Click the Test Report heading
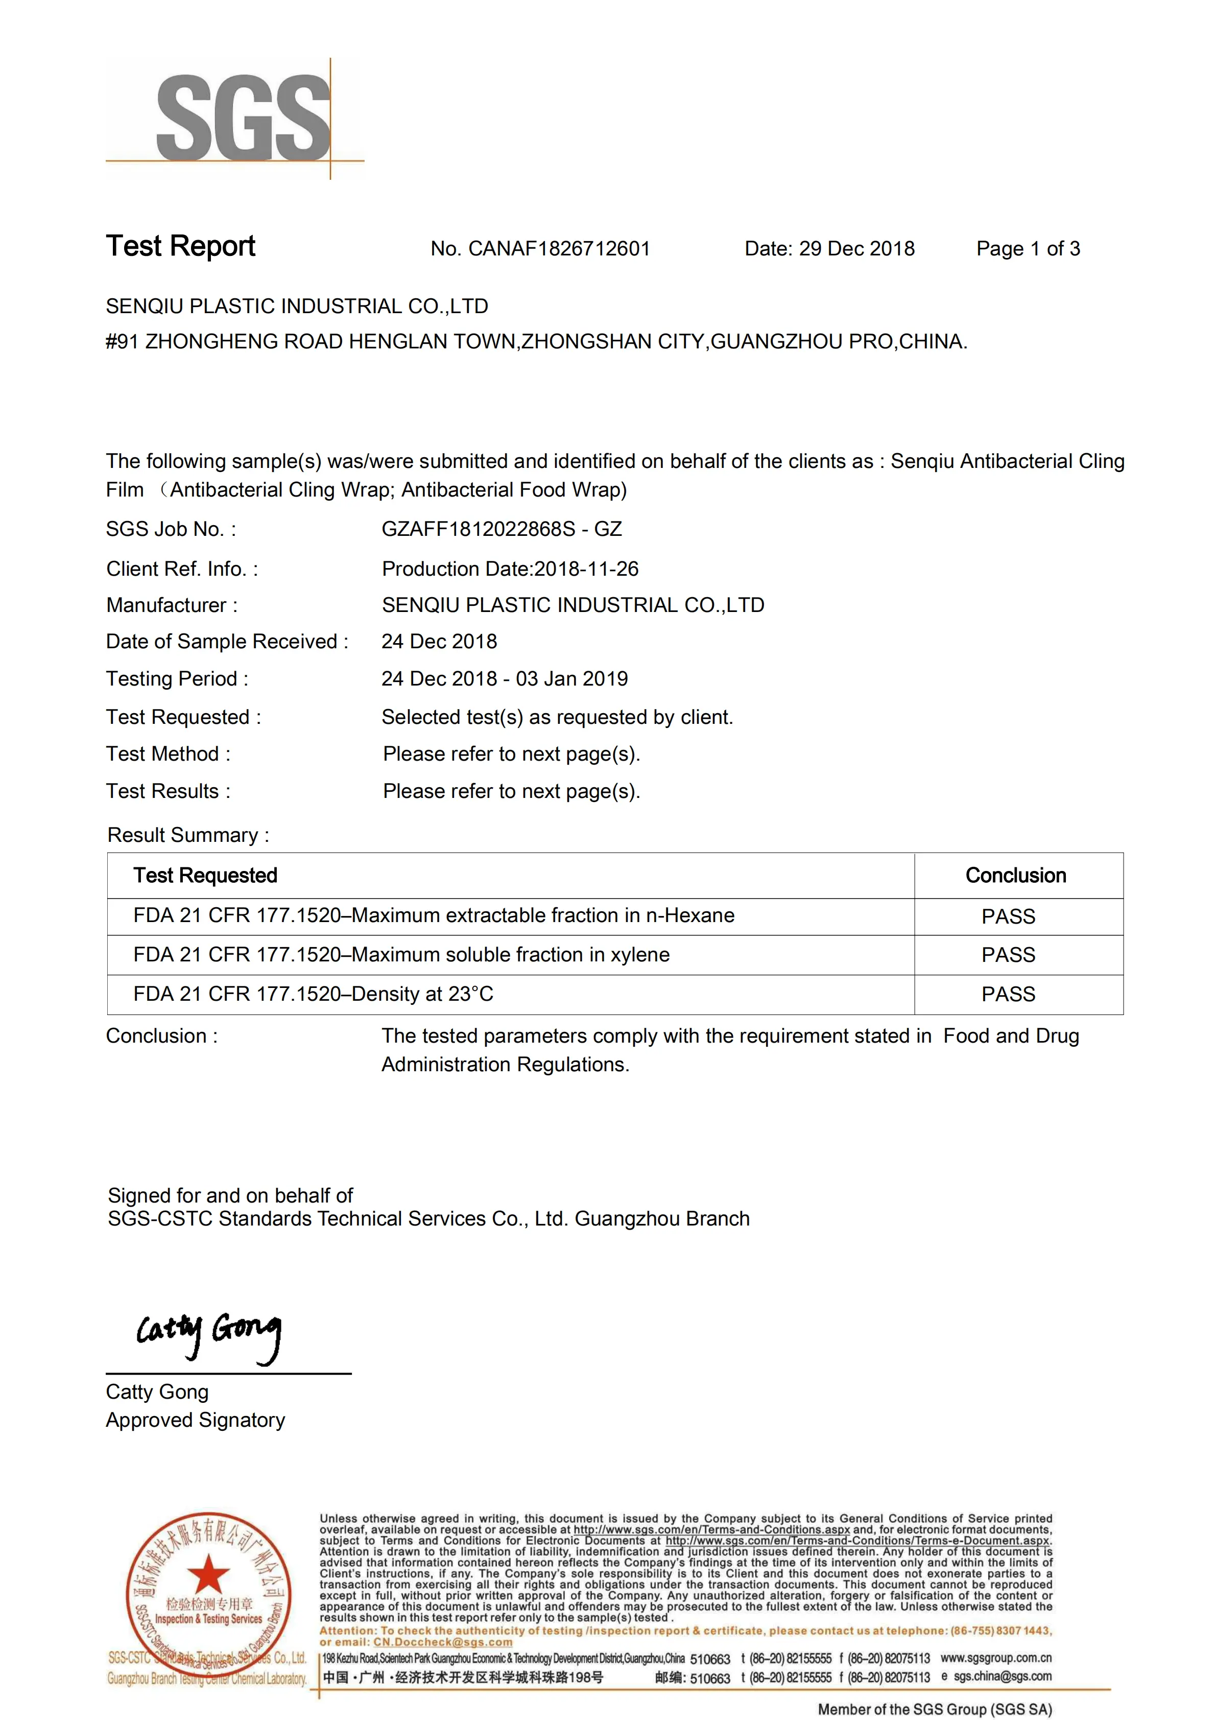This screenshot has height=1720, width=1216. click(180, 246)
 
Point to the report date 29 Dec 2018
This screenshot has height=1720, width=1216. click(856, 249)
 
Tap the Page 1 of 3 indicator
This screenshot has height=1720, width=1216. click(1028, 249)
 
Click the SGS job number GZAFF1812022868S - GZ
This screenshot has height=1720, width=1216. click(501, 529)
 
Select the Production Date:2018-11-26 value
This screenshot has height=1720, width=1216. click(510, 569)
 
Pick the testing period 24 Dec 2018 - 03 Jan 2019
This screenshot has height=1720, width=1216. click(504, 679)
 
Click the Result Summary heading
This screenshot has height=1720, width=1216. click(188, 835)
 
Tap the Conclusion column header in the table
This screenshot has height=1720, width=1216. click(1015, 875)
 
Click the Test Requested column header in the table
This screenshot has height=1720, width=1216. click(205, 875)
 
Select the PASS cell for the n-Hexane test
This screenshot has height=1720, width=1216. click(1008, 916)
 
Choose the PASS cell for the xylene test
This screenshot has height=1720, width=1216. click(1008, 955)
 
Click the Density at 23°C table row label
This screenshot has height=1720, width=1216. click(313, 994)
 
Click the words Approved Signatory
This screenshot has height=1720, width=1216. click(196, 1420)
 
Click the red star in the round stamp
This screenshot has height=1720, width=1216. click(208, 1574)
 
